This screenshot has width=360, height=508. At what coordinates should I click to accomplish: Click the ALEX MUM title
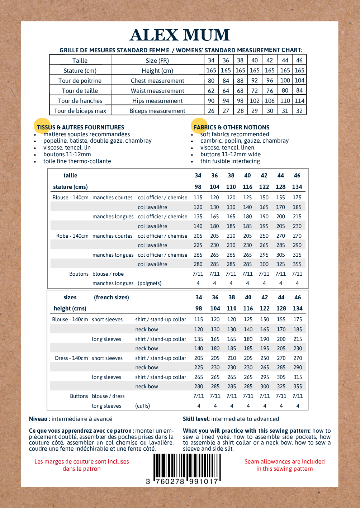180,35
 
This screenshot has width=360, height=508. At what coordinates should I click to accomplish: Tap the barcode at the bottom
186,467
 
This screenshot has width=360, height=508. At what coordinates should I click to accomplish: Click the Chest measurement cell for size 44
285,81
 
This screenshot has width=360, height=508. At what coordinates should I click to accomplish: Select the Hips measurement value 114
299,101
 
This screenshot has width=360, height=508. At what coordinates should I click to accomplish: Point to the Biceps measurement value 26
211,111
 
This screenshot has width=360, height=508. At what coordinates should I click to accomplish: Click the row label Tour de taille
80,91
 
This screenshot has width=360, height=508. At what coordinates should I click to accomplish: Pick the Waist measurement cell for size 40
255,91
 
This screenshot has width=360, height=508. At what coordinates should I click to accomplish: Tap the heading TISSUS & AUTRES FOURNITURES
80,127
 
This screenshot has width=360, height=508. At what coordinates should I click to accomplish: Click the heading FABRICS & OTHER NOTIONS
232,127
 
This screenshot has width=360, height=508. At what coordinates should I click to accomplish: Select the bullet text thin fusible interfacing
230,161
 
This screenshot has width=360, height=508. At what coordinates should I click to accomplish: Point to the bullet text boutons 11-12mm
67,155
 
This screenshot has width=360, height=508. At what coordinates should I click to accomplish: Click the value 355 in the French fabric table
297,264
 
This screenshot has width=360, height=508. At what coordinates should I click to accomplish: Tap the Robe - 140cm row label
72,236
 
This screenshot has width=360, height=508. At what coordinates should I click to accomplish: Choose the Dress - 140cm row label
71,358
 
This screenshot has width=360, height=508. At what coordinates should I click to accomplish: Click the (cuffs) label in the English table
142,406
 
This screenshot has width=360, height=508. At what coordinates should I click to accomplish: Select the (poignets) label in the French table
150,283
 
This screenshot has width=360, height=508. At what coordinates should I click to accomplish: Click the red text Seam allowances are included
284,462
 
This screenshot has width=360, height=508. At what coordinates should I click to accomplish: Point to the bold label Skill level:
196,419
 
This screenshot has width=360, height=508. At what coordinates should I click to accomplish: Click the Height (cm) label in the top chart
157,71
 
